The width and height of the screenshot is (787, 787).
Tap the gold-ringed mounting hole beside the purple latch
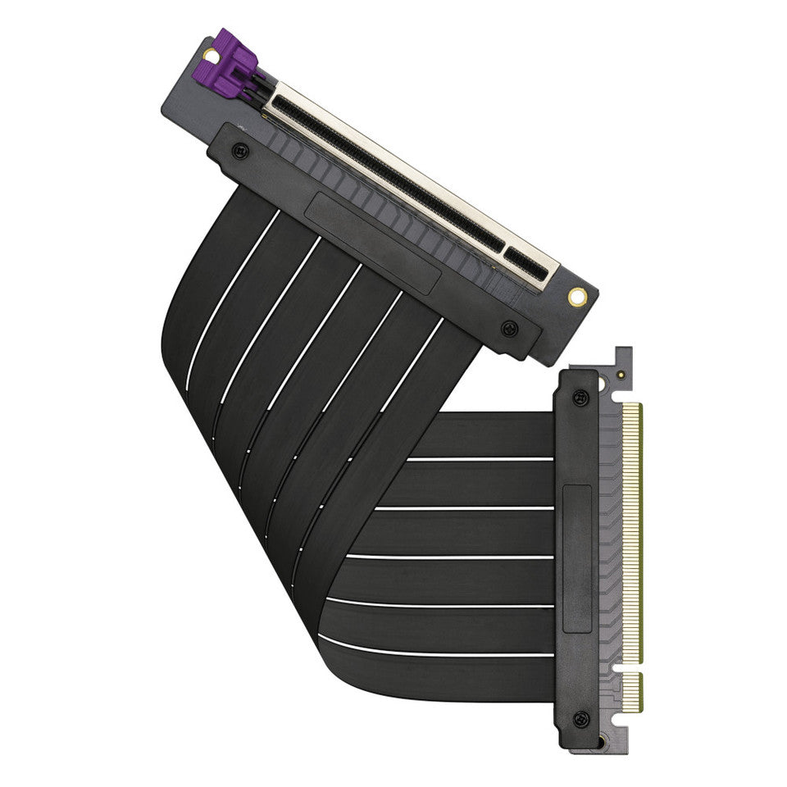coord(209,56)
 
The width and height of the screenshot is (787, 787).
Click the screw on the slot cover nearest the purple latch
coord(239,150)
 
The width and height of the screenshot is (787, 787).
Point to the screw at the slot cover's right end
coord(509,328)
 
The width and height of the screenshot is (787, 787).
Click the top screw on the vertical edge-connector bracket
coord(581,398)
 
